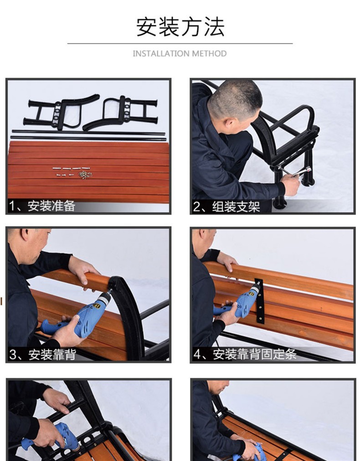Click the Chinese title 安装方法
[180, 27]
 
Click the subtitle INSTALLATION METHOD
[180, 53]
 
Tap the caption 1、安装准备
[42, 206]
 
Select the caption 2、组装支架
[226, 207]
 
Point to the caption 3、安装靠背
[43, 355]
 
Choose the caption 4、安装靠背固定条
[245, 354]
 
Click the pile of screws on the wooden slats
[85, 175]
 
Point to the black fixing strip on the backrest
[259, 301]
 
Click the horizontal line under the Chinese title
[180, 43]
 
